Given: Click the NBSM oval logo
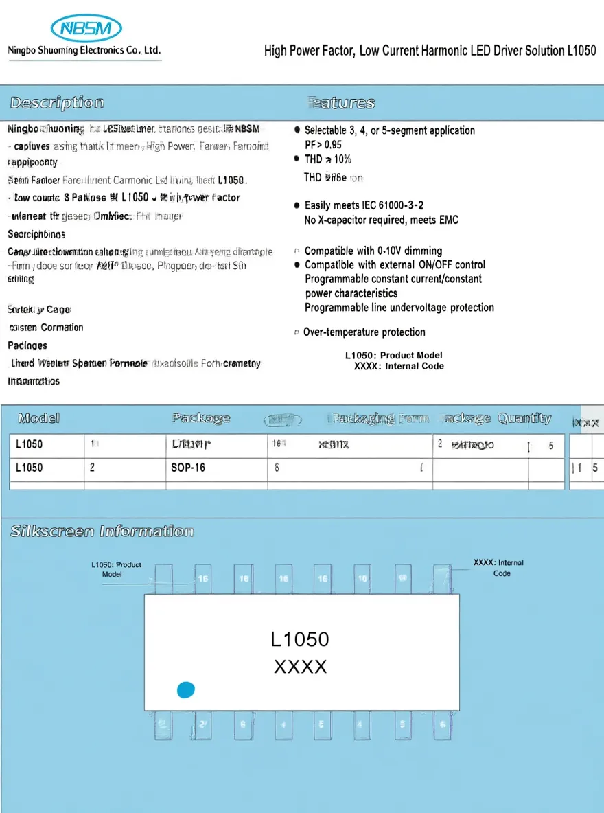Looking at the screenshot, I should pos(86,28).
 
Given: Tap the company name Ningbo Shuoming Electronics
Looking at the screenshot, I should pos(84,50).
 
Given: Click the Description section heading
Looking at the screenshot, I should pos(57,103).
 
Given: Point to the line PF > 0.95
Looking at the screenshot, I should pos(323,144).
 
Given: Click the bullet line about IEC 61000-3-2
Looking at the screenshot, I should pos(364,205).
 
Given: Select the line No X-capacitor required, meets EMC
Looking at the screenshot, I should pos(381,220).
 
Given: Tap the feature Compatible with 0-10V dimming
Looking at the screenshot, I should pos(373,251).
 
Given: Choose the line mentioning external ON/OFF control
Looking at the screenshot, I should pos(395,264).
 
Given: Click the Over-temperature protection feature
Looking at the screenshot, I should pos(364,332).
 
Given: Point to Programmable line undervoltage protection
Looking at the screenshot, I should pos(399,308).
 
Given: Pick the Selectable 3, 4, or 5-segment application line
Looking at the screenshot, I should pos(389,130).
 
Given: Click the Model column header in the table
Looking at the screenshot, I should pos(38,418).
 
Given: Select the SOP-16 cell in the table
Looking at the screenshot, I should pos(188,468).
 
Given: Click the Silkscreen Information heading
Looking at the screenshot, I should pos(102,531).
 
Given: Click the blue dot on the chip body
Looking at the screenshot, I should pos(186,690).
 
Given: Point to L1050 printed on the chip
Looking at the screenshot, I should pos(300,639).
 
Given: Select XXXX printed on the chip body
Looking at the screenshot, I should pos(300,667).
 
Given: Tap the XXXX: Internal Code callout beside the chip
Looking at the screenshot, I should pos(498,568).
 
